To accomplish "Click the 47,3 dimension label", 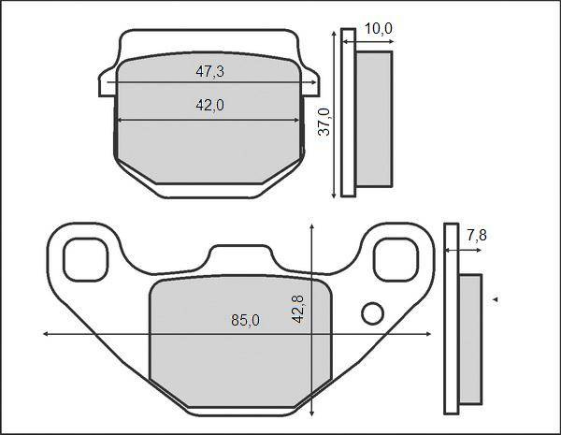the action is (x=210, y=72).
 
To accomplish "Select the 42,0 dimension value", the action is (x=210, y=105).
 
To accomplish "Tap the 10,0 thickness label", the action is (x=378, y=29).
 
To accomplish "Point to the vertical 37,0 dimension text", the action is (x=324, y=123).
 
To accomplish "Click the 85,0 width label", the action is (x=245, y=320).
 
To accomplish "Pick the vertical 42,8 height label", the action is (x=297, y=310).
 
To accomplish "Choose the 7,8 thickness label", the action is (x=477, y=235).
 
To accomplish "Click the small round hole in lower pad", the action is (x=373, y=313).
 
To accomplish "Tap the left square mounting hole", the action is (x=85, y=259).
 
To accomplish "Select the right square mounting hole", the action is (x=396, y=259).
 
